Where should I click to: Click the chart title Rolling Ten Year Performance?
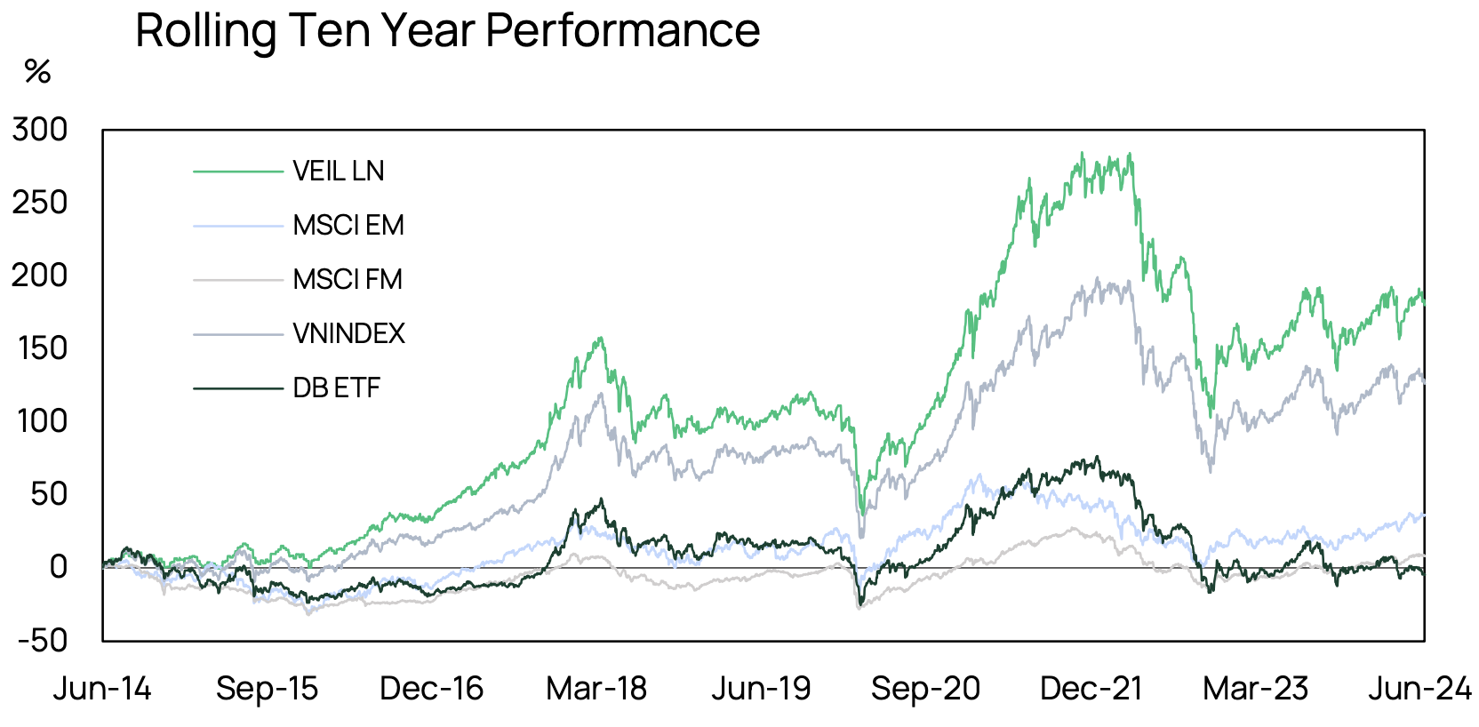point(447,30)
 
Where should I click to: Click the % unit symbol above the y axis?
point(37,71)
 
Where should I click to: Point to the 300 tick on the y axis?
point(40,130)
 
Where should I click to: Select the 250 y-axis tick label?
point(40,203)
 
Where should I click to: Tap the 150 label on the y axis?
point(42,348)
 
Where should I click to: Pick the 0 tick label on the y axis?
point(59,567)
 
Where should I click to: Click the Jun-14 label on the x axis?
point(102,689)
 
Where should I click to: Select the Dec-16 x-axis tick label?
point(431,689)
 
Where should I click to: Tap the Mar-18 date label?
point(596,689)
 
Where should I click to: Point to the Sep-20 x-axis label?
point(925,689)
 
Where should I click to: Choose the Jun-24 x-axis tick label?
point(1419,689)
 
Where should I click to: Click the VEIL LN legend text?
point(339,171)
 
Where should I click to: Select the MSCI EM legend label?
point(348,226)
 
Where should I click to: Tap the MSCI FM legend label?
point(348,280)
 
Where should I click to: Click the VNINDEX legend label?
point(348,334)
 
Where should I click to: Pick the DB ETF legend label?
point(337,388)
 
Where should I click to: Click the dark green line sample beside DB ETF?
point(237,388)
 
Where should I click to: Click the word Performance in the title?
point(622,30)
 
